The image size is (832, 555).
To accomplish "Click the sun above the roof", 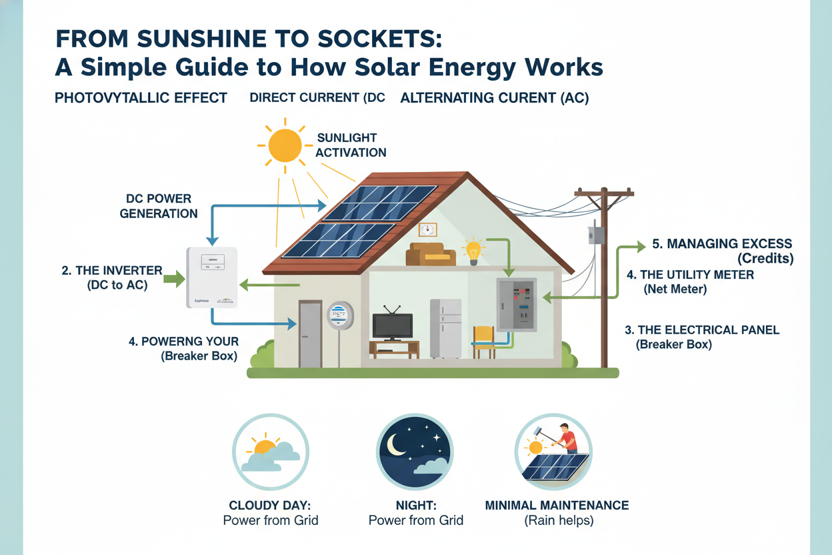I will [285, 146].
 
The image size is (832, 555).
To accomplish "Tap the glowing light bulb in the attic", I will [473, 251].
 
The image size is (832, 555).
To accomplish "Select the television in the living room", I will [392, 325].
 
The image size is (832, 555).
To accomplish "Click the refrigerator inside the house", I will [445, 328].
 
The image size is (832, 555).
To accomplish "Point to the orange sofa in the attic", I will [431, 254].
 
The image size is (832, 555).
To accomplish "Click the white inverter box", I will [211, 277].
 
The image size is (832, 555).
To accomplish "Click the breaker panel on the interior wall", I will [517, 304].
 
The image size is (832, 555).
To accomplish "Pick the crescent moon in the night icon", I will [398, 445].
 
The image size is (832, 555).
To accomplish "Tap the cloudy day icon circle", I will [270, 452].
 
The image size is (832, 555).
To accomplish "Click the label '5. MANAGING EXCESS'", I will [721, 244].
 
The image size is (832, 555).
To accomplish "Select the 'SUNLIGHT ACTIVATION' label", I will [351, 145].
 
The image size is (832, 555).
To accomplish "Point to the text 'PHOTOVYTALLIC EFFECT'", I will [141, 98].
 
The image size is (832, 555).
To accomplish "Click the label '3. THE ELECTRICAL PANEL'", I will [702, 330].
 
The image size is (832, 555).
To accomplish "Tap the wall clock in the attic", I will [427, 229].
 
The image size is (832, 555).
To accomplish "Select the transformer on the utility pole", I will [596, 235].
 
